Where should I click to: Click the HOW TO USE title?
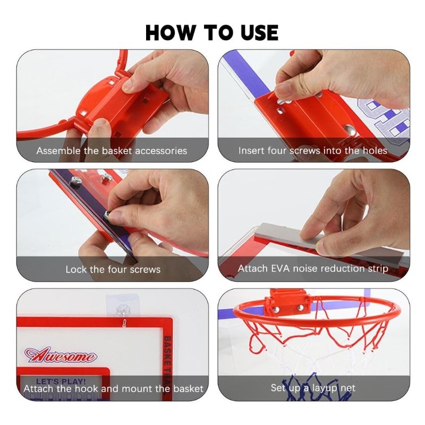212,32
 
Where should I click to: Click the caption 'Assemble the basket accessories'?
112,151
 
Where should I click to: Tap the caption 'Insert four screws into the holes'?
313,150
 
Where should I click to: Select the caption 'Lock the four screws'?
113,269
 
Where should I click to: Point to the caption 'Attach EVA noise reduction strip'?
313,269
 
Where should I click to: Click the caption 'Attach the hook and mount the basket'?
113,389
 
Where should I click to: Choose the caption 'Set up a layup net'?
313,388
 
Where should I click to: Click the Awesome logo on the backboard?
60,355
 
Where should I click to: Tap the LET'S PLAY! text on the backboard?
61,381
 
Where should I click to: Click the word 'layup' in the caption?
325,389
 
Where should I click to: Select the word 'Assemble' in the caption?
58,151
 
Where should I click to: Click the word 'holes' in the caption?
375,150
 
